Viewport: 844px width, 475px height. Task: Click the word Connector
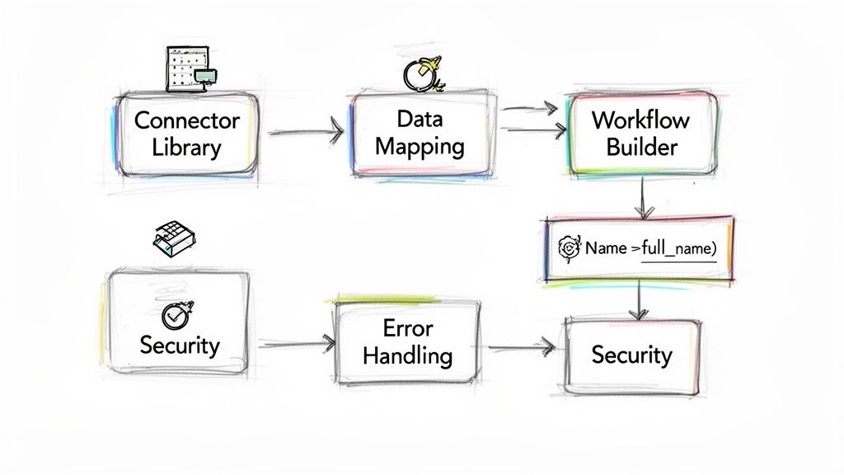click(186, 120)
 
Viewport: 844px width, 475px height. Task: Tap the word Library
click(186, 148)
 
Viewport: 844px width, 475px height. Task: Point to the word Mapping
click(420, 147)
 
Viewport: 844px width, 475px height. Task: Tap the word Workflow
click(640, 119)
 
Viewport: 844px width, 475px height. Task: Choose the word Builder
click(641, 148)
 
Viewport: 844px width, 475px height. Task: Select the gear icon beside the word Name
click(570, 247)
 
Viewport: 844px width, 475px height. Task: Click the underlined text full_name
click(678, 247)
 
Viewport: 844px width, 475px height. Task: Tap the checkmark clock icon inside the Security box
click(176, 314)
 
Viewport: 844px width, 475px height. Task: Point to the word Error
click(407, 327)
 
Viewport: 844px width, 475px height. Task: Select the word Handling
click(407, 356)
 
